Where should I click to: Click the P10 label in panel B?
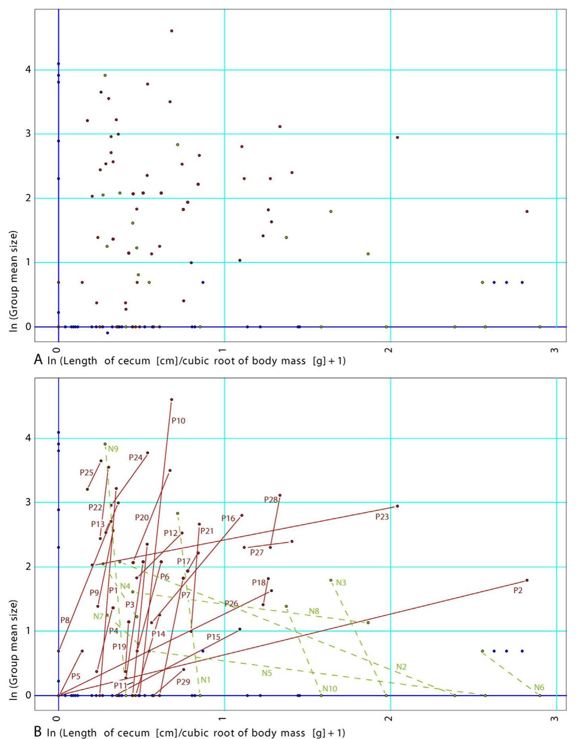click(x=178, y=421)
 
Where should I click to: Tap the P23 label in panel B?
click(x=382, y=517)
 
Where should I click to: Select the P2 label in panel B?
click(x=518, y=590)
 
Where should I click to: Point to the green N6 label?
click(x=539, y=687)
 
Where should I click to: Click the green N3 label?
click(x=341, y=582)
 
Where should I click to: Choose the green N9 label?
click(x=113, y=449)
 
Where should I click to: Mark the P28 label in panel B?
click(x=271, y=500)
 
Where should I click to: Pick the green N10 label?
click(x=330, y=688)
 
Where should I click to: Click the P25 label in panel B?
click(x=87, y=472)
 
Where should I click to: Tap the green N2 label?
click(x=401, y=667)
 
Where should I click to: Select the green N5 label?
click(x=267, y=673)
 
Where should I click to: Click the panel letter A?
click(x=38, y=360)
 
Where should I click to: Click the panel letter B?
click(x=38, y=732)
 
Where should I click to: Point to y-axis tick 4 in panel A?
click(x=28, y=70)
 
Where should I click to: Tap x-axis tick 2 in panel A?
click(x=388, y=349)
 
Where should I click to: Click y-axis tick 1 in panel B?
click(x=28, y=631)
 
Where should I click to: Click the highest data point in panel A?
click(x=171, y=31)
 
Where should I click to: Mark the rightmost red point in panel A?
click(x=527, y=212)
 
